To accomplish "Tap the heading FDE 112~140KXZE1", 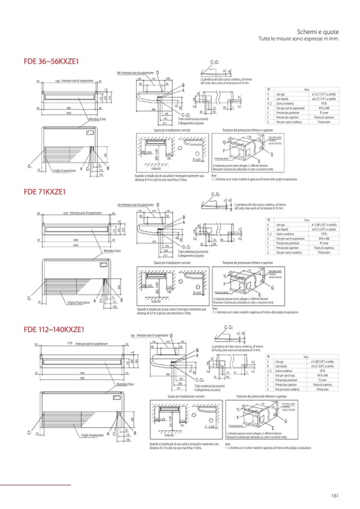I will point(54,330).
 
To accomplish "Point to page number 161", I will point(335,496).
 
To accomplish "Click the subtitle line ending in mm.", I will point(299,39).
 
